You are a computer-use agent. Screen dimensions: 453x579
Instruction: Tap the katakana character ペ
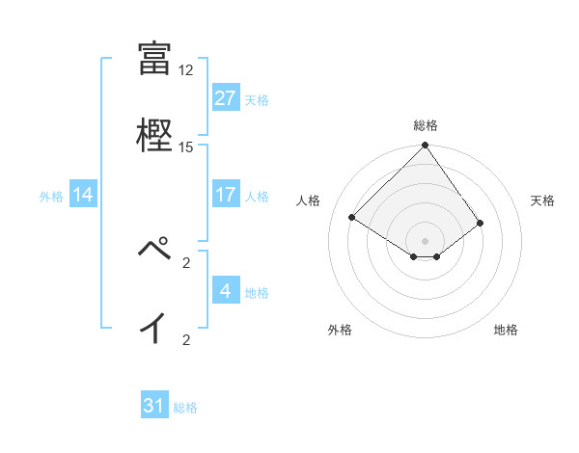(x=154, y=250)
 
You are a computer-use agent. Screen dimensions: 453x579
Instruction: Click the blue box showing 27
(x=226, y=98)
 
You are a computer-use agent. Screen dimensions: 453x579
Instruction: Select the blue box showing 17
(x=226, y=195)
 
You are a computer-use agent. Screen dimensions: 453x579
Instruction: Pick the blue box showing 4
(x=226, y=291)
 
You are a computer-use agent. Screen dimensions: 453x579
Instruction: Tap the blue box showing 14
(x=83, y=195)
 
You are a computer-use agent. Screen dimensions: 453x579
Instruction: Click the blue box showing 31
(x=154, y=406)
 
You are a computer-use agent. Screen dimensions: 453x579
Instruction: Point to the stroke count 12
(x=186, y=70)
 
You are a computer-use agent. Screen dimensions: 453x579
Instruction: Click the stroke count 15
(x=186, y=147)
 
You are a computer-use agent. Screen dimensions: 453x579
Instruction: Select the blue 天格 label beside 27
(x=257, y=99)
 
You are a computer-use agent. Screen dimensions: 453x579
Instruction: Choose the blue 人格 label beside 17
(x=257, y=196)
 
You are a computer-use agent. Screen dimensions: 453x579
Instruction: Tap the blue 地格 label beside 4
(x=257, y=292)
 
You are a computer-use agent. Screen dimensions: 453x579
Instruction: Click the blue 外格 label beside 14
(x=51, y=196)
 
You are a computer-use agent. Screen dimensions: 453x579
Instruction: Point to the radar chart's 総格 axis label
(x=426, y=125)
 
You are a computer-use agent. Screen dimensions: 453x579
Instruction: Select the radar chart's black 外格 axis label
(x=340, y=330)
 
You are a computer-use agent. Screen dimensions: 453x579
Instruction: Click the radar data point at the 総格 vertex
(x=426, y=146)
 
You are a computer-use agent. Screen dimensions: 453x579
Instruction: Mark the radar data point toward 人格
(x=353, y=217)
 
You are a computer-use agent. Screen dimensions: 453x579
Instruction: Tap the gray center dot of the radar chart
(x=426, y=240)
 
